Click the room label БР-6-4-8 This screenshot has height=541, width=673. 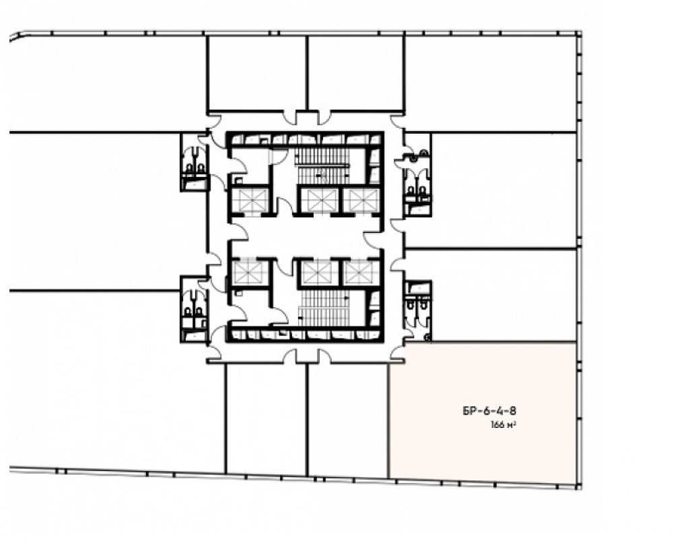[x=489, y=411]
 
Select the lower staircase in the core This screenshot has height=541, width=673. [x=325, y=308]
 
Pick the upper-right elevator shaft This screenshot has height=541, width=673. [x=363, y=201]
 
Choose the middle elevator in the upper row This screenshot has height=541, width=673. [x=320, y=201]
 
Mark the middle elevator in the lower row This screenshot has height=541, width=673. [x=318, y=273]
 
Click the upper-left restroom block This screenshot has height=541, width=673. [x=194, y=161]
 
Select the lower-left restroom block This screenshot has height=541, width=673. [x=194, y=309]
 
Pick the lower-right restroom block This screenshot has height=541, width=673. [x=418, y=310]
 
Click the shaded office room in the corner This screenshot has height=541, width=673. [x=482, y=412]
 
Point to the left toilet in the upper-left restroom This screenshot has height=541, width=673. [x=189, y=168]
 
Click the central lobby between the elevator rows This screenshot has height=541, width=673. [x=306, y=236]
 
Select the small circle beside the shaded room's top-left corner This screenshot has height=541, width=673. [x=427, y=338]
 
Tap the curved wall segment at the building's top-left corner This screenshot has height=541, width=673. [x=15, y=36]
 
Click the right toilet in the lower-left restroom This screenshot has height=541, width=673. [x=199, y=311]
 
